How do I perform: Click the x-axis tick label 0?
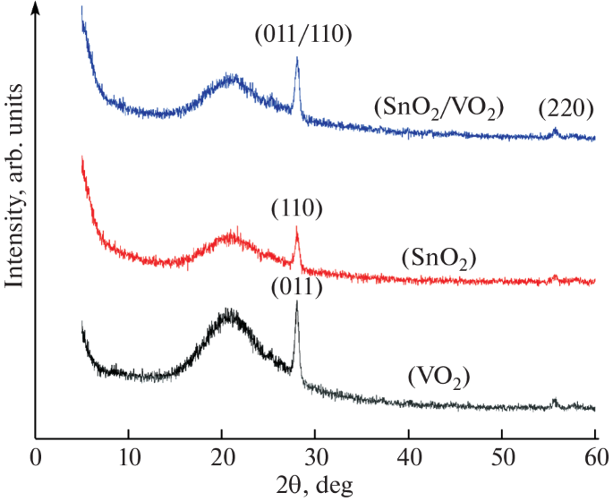pyautogui.click(x=35, y=459)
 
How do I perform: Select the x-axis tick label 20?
pyautogui.click(x=222, y=459)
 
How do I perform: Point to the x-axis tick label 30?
pyautogui.click(x=315, y=459)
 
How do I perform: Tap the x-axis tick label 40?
pyautogui.click(x=409, y=459)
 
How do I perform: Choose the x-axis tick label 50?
pyautogui.click(x=502, y=459)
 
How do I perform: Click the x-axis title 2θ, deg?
pyautogui.click(x=314, y=486)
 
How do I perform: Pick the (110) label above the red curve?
pyautogui.click(x=297, y=209)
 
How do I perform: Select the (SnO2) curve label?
pyautogui.click(x=438, y=259)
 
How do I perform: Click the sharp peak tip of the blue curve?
pyautogui.click(x=297, y=58)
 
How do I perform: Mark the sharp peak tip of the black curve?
pyautogui.click(x=296, y=301)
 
